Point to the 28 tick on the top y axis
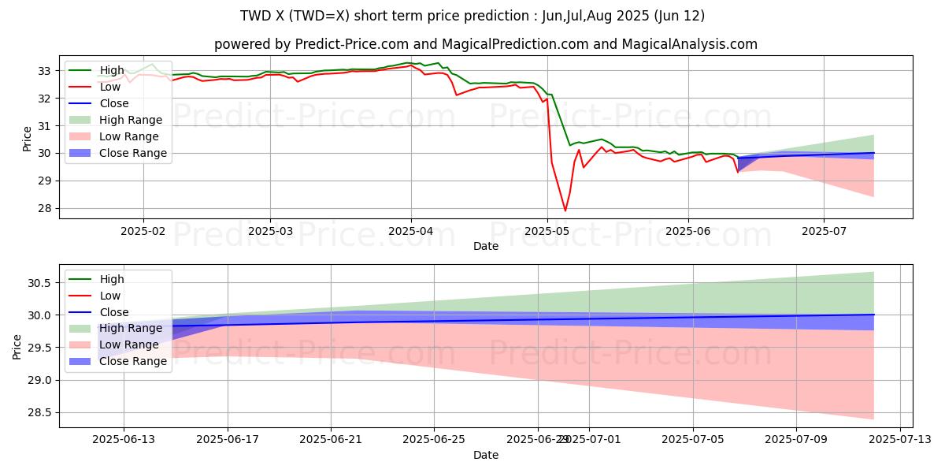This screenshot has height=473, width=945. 46,208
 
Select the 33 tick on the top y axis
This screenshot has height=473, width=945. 46,71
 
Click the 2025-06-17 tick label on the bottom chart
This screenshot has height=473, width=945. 228,439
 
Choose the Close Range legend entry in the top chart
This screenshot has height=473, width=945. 133,153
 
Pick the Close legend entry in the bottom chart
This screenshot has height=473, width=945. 115,312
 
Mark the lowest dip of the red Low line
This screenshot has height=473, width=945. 565,210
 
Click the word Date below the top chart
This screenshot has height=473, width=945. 486,246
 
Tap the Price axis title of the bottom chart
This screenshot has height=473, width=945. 17,345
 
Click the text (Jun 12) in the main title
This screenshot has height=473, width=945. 679,16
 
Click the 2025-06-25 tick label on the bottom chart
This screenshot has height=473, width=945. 435,439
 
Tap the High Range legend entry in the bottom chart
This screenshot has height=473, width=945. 131,328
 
